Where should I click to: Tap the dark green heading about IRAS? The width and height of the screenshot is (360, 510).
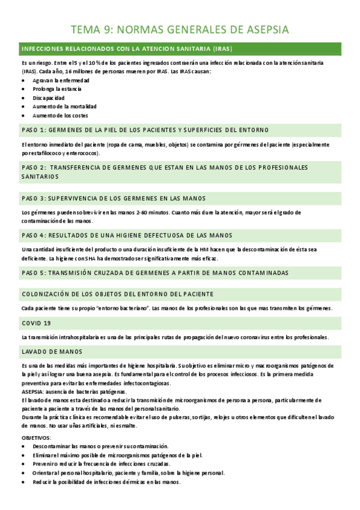coord(126,48)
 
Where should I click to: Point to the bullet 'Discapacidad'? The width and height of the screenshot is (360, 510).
coord(49,97)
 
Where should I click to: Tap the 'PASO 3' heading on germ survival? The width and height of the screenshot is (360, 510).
coord(113,198)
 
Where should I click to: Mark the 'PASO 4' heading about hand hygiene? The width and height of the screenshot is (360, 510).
coord(127,235)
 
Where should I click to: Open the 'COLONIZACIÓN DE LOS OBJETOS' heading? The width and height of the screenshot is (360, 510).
coord(118,293)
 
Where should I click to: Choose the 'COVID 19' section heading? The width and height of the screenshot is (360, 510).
coord(37,322)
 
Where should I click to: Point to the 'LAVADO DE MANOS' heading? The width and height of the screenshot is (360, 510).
coord(52,351)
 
